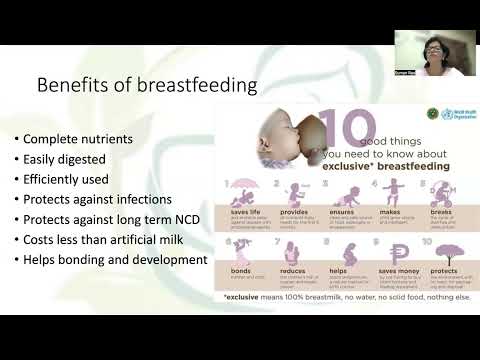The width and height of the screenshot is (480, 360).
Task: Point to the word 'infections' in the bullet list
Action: tap(171, 199)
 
